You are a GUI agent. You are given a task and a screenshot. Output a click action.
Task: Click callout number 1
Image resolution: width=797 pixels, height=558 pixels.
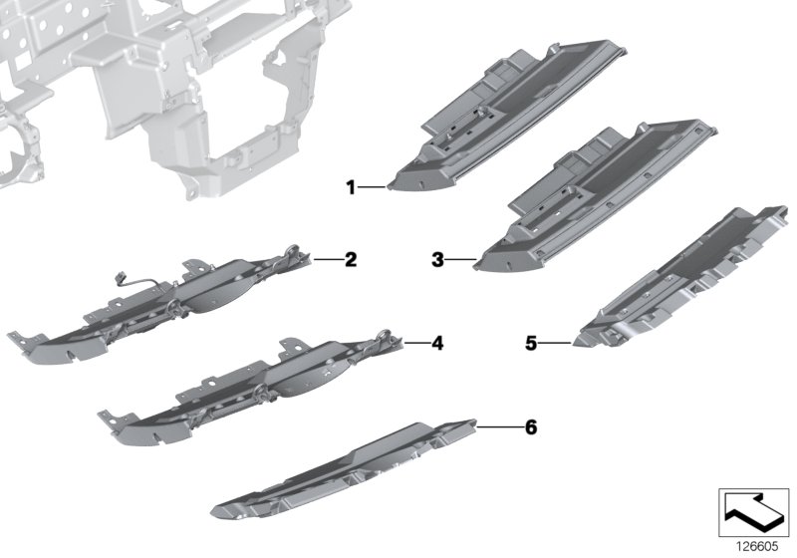[350, 185]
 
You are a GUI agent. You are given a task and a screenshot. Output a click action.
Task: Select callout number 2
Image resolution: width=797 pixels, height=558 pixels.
[350, 261]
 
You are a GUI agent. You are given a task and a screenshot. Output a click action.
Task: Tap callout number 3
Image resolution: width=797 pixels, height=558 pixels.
[437, 261]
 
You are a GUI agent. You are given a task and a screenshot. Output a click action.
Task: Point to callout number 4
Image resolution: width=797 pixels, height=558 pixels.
[436, 344]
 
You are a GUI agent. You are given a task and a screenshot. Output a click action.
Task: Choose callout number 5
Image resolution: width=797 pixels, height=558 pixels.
[531, 344]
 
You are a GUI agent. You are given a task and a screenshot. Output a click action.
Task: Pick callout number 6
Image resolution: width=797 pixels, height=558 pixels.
[530, 427]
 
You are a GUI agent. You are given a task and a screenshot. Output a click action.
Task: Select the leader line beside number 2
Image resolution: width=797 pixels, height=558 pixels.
[326, 260]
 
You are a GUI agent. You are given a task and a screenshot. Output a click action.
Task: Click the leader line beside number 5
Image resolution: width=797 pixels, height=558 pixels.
[554, 344]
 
